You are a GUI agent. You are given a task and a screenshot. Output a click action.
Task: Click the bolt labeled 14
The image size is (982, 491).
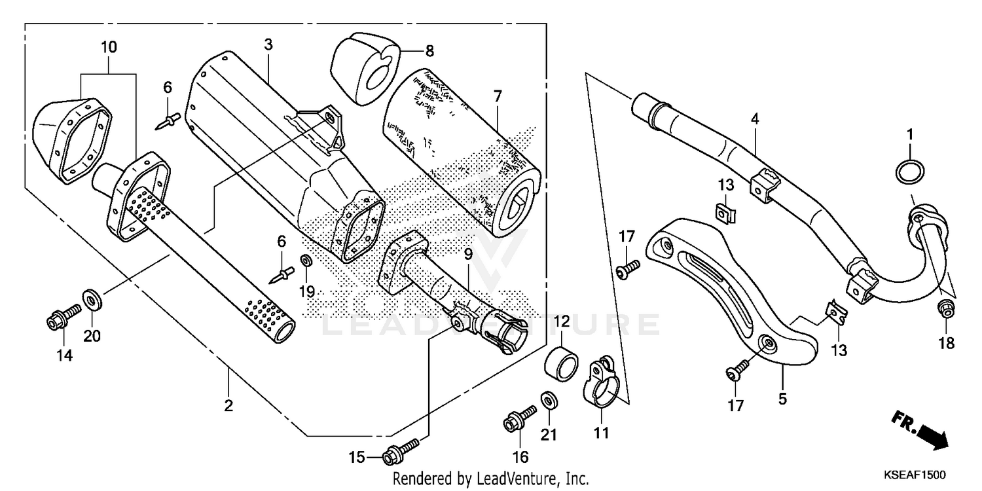click(62, 319)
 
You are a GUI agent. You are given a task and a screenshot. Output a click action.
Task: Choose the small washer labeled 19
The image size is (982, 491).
click(306, 262)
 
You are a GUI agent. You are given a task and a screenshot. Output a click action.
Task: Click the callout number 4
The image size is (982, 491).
click(755, 119)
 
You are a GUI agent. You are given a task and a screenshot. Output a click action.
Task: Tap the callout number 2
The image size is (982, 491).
click(228, 406)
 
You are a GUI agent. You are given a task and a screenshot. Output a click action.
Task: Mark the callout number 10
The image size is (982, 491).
click(109, 47)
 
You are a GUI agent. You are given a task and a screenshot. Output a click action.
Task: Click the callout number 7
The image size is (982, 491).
click(498, 96)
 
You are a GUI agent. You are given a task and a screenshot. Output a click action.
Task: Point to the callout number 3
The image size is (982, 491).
click(268, 45)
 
